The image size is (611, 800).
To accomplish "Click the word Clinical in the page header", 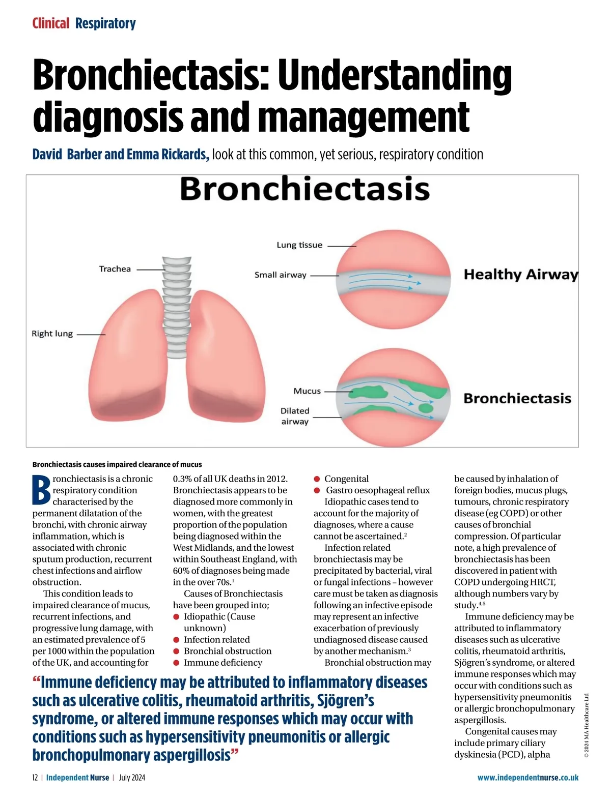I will (x=50, y=23).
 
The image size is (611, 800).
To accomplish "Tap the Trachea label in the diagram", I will (x=115, y=269).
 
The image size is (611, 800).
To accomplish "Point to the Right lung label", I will (x=52, y=334).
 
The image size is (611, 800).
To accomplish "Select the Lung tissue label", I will (x=299, y=245).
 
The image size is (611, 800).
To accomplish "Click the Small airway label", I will (x=280, y=275).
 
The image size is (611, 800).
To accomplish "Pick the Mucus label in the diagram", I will (x=307, y=391).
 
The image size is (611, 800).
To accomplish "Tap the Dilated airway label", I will (x=295, y=416).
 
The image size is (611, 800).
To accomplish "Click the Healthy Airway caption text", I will (x=520, y=275).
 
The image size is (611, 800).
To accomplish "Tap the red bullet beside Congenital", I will (x=317, y=479).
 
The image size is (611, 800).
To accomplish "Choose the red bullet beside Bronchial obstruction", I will (x=176, y=651).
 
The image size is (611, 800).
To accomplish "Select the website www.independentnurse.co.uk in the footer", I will (x=527, y=778).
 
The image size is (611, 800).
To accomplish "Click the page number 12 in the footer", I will (x=35, y=778).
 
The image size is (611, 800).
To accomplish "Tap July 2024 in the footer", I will (x=132, y=778).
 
